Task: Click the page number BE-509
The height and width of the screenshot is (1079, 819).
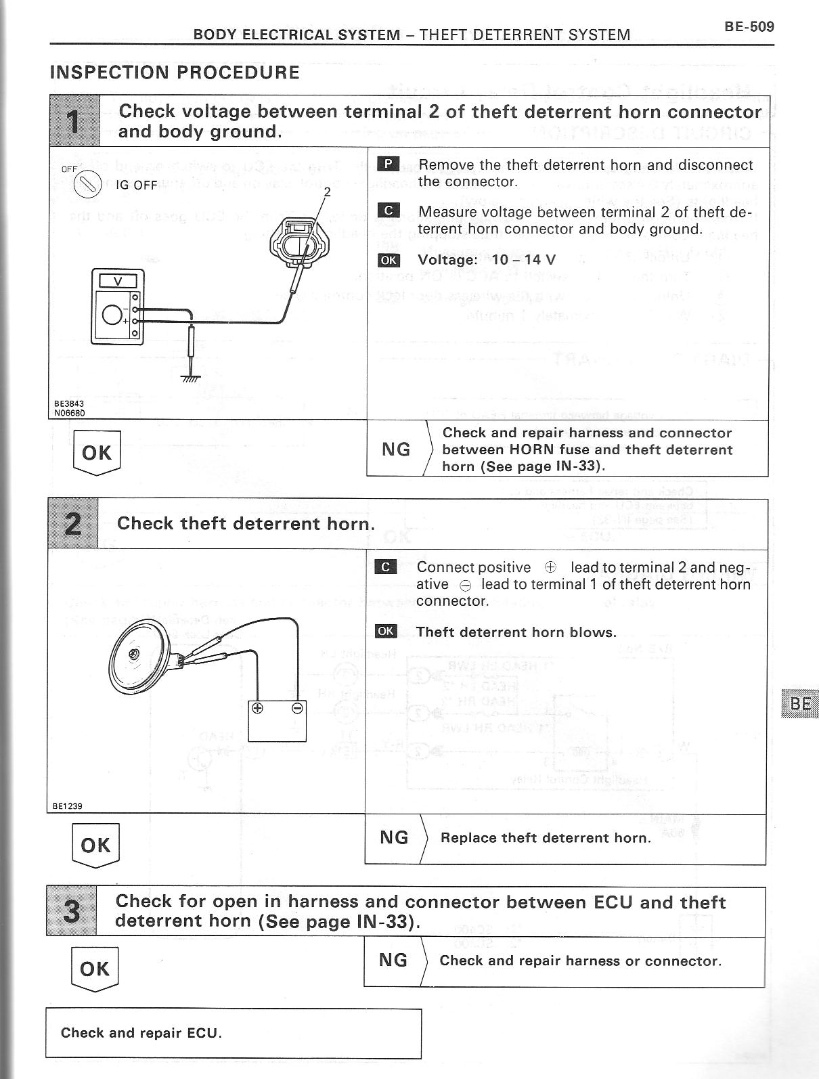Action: [749, 27]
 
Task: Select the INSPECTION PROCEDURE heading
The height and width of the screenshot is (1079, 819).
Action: [175, 72]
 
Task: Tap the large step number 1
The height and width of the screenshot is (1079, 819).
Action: [74, 122]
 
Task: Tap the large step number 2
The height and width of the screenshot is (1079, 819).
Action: [72, 524]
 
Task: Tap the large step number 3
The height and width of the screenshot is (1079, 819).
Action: [71, 911]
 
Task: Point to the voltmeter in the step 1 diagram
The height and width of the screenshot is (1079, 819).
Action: [118, 306]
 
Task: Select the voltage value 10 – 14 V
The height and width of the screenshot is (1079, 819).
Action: [524, 260]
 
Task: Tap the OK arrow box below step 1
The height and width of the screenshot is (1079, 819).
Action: [96, 452]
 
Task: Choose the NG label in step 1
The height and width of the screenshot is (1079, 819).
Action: [396, 449]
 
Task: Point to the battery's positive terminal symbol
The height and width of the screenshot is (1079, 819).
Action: [257, 709]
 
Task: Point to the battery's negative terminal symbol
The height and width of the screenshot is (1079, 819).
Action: [297, 709]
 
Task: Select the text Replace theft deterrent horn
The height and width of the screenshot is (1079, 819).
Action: [545, 838]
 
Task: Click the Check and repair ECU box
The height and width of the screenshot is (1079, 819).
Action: [234, 1033]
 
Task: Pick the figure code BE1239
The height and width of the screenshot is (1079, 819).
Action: [68, 806]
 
